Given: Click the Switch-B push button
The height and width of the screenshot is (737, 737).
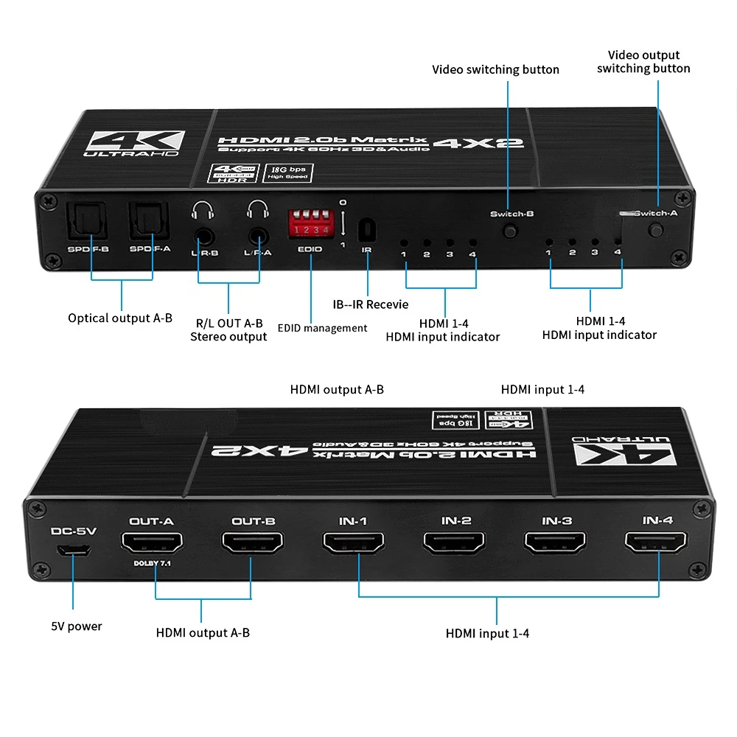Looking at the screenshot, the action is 509,231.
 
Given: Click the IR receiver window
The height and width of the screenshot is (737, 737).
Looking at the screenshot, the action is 366,230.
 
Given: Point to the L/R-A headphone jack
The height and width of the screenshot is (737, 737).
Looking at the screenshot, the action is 258,237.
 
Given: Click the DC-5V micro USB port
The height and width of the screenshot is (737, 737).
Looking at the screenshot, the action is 73,550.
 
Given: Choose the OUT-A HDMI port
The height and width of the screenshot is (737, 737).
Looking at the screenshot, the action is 151,545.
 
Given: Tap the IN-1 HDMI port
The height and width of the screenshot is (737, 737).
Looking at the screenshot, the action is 352,545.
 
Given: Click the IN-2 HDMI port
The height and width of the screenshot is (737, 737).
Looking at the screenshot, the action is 455,545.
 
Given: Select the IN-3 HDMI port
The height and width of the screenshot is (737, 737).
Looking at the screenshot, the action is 556,545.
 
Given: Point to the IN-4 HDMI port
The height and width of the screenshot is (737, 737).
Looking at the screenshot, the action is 656,545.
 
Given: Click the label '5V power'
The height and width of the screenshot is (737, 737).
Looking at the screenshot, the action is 77,626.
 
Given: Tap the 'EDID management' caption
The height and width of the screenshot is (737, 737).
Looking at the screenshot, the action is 322,328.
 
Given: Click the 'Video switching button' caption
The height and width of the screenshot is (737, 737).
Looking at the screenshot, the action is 495,70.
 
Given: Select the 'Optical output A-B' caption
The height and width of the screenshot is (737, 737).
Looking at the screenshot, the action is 120,318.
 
